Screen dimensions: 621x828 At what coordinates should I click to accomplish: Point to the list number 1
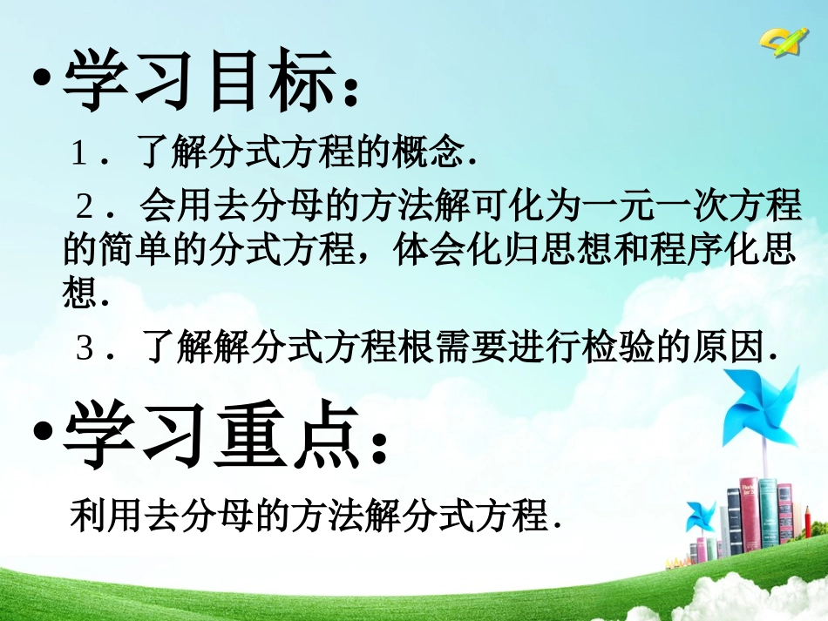click(79, 158)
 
